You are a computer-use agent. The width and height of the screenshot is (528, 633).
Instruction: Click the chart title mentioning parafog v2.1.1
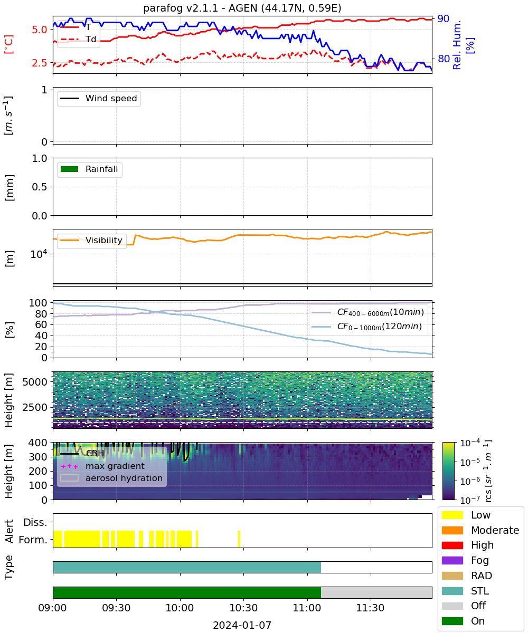(x=242, y=8)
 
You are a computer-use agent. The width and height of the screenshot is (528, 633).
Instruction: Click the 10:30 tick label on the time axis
(x=243, y=608)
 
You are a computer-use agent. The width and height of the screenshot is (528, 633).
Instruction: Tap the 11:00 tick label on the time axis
(x=307, y=608)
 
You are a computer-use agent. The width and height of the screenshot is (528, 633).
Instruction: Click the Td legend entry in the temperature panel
(x=78, y=39)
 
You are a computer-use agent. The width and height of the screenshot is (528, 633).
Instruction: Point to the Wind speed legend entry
(x=99, y=98)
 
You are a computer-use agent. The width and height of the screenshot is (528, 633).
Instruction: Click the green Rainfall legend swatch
(x=70, y=169)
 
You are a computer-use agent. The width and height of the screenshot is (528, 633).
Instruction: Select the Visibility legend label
(x=104, y=240)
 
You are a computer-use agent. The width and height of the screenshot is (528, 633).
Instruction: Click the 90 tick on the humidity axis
(x=443, y=18)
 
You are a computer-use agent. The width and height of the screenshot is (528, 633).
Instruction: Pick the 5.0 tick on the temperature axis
(x=40, y=30)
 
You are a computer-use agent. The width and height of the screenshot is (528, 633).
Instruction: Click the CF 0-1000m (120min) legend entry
(x=367, y=327)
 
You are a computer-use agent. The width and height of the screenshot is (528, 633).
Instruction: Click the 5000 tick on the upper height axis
(x=35, y=382)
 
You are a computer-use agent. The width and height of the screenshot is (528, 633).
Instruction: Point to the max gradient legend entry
(x=102, y=466)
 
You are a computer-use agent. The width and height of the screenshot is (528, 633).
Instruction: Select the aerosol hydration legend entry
(x=111, y=478)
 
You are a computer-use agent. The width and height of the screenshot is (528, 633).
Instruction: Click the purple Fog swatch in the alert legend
(x=452, y=560)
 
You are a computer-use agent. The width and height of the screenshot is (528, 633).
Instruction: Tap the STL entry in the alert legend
(x=465, y=591)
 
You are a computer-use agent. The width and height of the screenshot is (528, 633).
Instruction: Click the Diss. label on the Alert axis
(x=35, y=522)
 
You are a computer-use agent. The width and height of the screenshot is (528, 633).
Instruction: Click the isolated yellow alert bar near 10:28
(x=239, y=539)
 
